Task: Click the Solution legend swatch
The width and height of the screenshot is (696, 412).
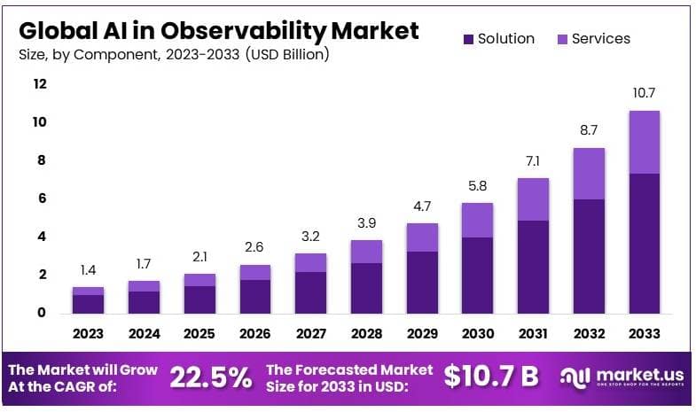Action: coord(467,39)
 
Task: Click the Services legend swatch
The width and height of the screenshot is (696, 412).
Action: coord(561,39)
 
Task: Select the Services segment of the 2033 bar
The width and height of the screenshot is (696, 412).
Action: coord(644,142)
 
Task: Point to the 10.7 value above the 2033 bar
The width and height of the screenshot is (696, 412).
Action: coord(644,93)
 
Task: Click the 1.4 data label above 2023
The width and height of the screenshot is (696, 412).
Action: coord(88,268)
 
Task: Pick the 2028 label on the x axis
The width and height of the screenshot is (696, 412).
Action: coord(366,334)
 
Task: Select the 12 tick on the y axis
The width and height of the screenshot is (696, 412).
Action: coord(39,84)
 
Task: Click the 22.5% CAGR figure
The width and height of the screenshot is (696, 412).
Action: coord(210,377)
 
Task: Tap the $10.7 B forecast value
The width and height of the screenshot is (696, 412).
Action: coord(491,376)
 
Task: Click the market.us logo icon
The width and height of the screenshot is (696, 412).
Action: coord(573,377)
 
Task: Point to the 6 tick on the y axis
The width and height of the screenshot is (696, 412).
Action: coord(40,198)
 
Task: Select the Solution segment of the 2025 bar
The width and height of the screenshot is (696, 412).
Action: coord(199,299)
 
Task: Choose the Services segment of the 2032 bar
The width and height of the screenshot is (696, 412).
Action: coord(588,174)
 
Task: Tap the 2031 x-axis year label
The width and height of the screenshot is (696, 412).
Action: coord(534,334)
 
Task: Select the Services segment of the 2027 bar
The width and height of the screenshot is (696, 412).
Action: coord(311,262)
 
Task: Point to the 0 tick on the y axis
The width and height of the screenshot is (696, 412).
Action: coord(40,313)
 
